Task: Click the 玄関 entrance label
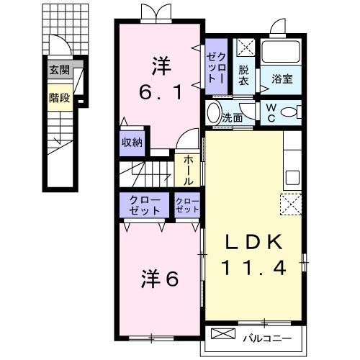click(60, 70)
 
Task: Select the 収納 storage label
click(132, 141)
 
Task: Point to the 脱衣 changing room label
click(243, 75)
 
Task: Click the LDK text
click(253, 240)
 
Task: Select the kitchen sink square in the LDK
click(292, 177)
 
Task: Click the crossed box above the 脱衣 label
click(243, 48)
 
